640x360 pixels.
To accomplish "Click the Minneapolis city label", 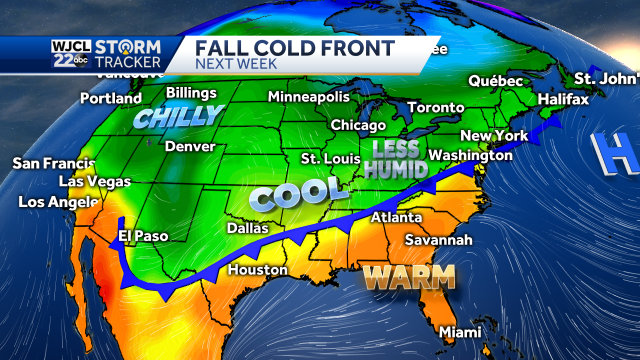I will (309, 97).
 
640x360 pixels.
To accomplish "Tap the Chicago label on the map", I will (357, 125).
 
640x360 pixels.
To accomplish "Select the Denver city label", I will (190, 146).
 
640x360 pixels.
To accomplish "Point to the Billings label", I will (191, 92).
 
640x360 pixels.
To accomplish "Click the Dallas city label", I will (247, 228).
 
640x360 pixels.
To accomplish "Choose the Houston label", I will (258, 270).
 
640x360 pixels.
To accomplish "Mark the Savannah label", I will (439, 240).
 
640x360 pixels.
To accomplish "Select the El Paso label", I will (143, 236).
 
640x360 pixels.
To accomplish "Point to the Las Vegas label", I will (95, 182).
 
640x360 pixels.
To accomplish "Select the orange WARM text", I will (408, 276).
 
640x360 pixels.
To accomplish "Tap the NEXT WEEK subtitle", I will (232, 65).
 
